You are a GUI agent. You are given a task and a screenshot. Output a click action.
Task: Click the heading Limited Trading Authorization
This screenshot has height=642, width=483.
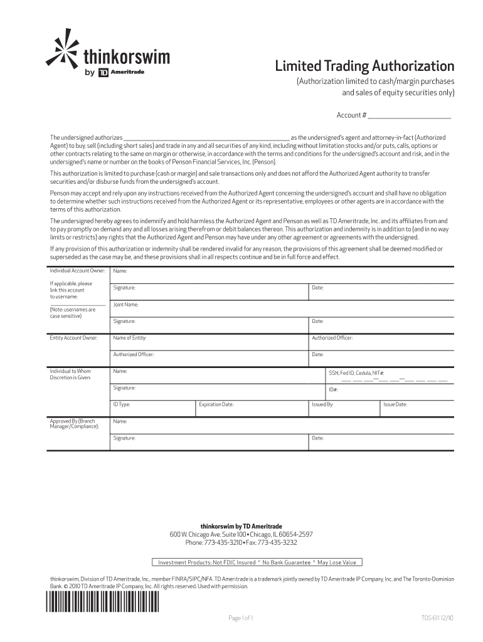pos(365,66)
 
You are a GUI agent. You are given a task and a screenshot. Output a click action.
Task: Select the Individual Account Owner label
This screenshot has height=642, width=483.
pos(77,271)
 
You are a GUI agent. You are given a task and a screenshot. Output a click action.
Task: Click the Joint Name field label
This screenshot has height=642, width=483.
pos(125,305)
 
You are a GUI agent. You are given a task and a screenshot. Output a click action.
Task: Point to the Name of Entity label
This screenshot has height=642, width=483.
pos(129,338)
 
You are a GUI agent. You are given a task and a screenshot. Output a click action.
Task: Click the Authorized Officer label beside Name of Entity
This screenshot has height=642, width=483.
pos(332,338)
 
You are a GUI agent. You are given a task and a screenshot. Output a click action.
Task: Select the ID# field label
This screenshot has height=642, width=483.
pos(333,390)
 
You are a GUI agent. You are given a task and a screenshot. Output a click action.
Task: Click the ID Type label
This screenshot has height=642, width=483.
pos(122,404)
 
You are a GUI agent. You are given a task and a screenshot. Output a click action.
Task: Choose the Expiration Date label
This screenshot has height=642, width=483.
pos(216,404)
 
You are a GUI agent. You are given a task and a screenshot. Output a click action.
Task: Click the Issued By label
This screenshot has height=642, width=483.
pos(322,404)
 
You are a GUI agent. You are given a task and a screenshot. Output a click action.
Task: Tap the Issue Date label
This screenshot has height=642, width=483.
pos(395,404)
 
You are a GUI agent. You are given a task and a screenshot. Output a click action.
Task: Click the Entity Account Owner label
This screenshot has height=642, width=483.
pos(73,338)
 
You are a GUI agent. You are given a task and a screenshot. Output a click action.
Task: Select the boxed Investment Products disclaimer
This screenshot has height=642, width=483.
pos(257,562)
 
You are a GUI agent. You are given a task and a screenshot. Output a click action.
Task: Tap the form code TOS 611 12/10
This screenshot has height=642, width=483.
pos(437,618)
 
